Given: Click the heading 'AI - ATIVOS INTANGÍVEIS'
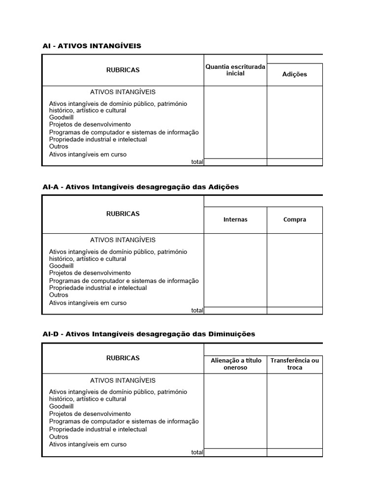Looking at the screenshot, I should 92,46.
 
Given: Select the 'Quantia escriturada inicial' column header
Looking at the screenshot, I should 235,70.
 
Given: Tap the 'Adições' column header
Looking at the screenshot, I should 294,74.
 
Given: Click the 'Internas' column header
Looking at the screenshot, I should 235,220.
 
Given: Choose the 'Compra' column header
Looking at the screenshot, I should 294,220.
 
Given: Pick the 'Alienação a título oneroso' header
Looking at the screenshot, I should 235,364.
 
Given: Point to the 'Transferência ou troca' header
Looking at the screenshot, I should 294,364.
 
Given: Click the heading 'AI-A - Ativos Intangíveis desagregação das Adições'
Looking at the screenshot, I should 141,187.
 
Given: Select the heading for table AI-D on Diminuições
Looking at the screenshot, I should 149,334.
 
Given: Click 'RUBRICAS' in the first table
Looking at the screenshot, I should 123,70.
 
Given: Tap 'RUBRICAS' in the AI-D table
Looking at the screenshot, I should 123,358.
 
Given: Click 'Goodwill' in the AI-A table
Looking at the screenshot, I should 62,266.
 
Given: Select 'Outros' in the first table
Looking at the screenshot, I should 59,147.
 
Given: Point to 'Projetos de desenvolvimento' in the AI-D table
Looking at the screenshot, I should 90,414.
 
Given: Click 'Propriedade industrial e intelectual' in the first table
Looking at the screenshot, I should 98,139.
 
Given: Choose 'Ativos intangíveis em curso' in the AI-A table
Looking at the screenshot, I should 88,303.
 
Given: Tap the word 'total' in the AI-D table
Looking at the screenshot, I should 197,453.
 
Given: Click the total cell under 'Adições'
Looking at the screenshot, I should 294,162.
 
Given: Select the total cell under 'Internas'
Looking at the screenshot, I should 235,311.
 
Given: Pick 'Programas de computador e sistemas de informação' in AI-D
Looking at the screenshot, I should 124,421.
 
